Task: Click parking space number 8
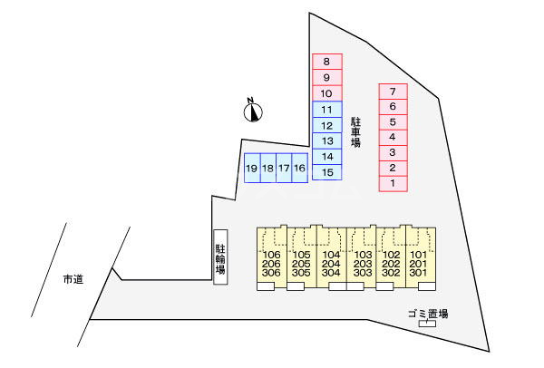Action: (x=327, y=61)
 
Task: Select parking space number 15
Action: (x=327, y=172)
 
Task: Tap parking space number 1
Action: (x=393, y=184)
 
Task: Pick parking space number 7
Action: (x=393, y=92)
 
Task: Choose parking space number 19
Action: (x=252, y=168)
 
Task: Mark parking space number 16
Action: (x=300, y=168)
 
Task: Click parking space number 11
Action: (x=327, y=109)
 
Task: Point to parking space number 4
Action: (x=393, y=138)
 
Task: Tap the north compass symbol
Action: (x=254, y=111)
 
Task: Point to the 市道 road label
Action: (x=73, y=279)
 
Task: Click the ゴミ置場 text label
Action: (x=428, y=314)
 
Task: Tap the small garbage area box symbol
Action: (x=425, y=324)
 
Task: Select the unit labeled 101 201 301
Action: (x=418, y=263)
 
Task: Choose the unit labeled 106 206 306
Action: (x=271, y=263)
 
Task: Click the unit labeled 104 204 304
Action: (x=331, y=263)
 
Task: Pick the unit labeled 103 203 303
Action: (x=363, y=263)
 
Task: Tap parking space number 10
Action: (x=327, y=93)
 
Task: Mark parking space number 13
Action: (x=327, y=140)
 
